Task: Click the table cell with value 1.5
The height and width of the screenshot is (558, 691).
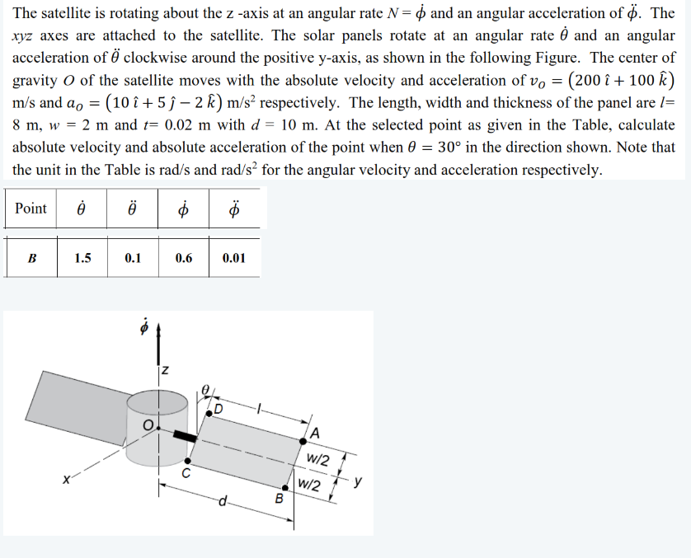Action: pos(82,257)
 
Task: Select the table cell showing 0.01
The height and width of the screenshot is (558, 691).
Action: pos(234,257)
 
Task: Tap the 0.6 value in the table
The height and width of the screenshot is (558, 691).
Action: pos(184,257)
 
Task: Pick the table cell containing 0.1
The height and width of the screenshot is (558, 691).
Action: pos(133,257)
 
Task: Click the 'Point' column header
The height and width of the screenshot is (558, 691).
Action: pos(31,209)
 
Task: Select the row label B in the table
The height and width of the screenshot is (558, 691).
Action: pos(32,257)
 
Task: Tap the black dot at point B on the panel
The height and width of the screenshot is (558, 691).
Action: pos(286,487)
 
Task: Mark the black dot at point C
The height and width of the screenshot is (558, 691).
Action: pos(188,460)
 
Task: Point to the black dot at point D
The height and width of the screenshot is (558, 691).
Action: pos(210,414)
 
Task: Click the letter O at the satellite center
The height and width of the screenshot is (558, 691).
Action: pos(148,425)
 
